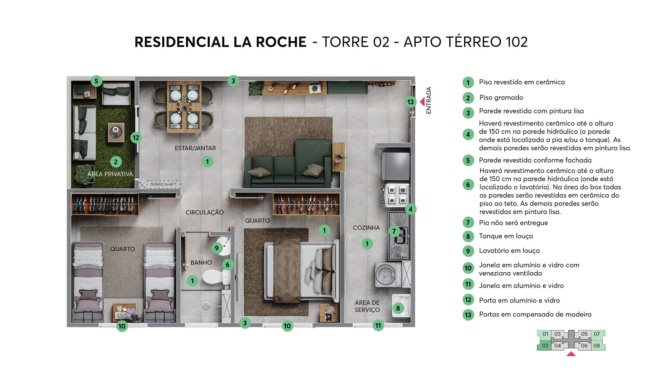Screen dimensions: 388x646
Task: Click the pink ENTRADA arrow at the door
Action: coord(422,102)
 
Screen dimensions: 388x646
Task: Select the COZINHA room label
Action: coord(366,228)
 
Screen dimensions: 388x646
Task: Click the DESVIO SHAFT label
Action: coord(163,184)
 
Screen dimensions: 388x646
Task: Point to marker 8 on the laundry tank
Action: coord(398,308)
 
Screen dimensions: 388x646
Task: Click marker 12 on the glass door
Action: coord(136,138)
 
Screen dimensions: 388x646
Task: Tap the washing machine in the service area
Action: coord(388,275)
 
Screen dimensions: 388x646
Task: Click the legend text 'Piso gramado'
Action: coord(501,98)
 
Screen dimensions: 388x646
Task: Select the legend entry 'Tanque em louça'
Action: coord(506,236)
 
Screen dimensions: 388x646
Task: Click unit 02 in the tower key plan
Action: coord(545,346)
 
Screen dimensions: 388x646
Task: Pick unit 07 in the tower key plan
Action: coord(597,334)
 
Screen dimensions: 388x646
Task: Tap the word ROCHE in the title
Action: coord(281,42)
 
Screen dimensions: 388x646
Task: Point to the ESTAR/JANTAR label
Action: coord(195,148)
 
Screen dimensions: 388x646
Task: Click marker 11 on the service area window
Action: coord(378,325)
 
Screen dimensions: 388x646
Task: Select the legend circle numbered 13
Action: coord(468,315)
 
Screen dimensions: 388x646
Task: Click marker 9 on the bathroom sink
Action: coord(216,248)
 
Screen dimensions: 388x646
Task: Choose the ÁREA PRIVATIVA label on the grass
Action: coord(110,174)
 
